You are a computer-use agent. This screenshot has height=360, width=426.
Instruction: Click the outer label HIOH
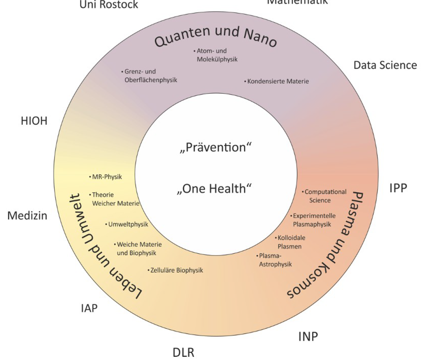pyautogui.click(x=34, y=121)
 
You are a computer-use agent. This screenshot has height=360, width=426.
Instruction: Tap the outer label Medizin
pyautogui.click(x=28, y=215)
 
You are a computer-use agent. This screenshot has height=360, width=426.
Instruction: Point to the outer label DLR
pyautogui.click(x=183, y=352)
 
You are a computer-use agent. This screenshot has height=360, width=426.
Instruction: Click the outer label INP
pyautogui.click(x=308, y=336)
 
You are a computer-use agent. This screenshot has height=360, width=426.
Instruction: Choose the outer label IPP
pyautogui.click(x=398, y=188)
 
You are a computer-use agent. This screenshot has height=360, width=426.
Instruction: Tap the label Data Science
pyautogui.click(x=385, y=65)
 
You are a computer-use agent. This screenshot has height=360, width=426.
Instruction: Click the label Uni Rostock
pyautogui.click(x=109, y=5)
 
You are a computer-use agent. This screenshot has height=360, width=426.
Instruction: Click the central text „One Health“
pyautogui.click(x=215, y=189)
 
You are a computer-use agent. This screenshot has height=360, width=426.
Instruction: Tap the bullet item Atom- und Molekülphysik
pyautogui.click(x=217, y=55)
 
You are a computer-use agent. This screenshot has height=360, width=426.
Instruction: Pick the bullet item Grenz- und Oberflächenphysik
pyautogui.click(x=150, y=76)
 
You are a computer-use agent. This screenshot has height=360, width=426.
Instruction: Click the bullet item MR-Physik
pyautogui.click(x=107, y=177)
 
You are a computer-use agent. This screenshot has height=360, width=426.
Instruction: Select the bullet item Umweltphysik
pyautogui.click(x=128, y=225)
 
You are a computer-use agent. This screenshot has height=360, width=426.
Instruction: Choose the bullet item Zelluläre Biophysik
pyautogui.click(x=176, y=270)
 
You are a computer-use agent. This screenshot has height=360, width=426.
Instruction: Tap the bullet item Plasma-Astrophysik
pyautogui.click(x=275, y=260)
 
